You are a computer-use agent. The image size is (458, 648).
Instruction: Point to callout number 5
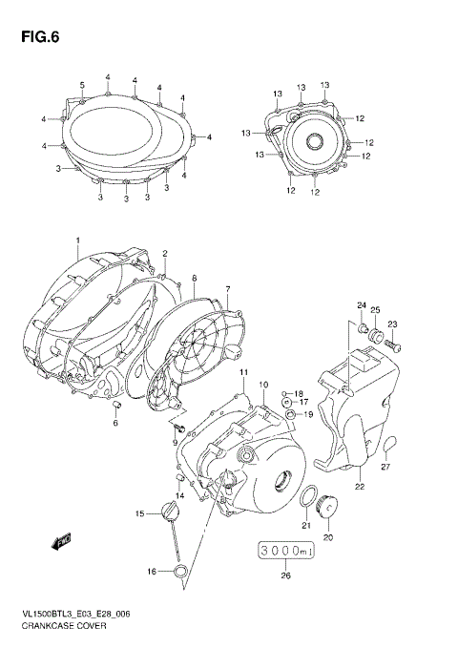(82, 86)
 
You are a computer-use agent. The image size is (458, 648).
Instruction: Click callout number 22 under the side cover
(360, 487)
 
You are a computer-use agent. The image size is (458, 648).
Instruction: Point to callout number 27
(385, 467)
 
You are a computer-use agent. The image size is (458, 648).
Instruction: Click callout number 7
(228, 288)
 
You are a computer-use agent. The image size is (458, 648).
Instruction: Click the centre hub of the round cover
(312, 142)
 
